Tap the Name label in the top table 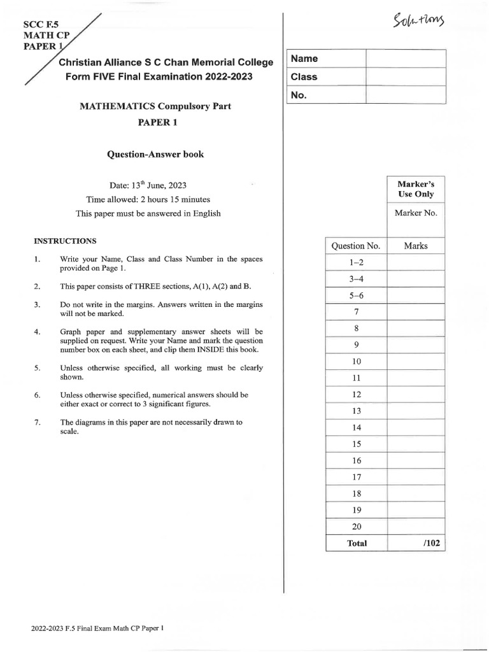coord(304,59)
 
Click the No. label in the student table coord(299,96)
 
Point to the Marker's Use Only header coord(415,189)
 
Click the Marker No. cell coord(415,213)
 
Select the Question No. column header coord(355,246)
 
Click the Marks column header coord(415,246)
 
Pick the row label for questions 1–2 coord(355,262)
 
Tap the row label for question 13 coord(356,411)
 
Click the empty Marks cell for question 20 coord(415,527)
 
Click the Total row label coord(357,543)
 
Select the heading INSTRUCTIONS coord(65,241)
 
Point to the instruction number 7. coord(38,422)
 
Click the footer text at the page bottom coord(97,628)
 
